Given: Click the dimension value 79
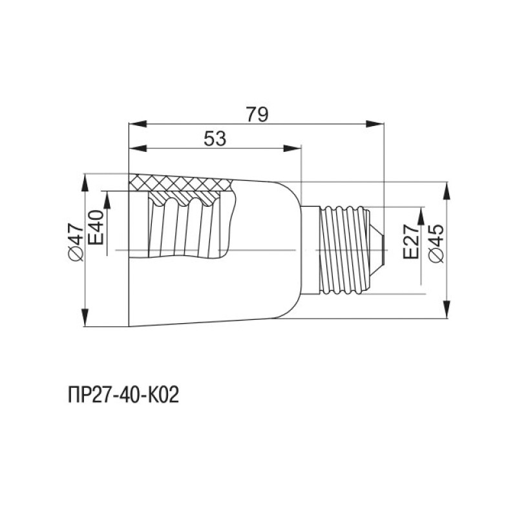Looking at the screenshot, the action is tap(257, 114).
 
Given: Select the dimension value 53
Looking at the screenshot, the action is tap(215, 139).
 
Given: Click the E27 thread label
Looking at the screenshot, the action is tap(411, 241).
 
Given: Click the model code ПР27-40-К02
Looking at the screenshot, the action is tap(123, 395).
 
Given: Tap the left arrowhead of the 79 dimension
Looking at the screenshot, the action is tap(138, 124).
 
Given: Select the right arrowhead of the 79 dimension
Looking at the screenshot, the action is tap(375, 124).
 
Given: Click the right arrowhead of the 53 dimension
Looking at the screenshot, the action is tap(293, 149).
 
